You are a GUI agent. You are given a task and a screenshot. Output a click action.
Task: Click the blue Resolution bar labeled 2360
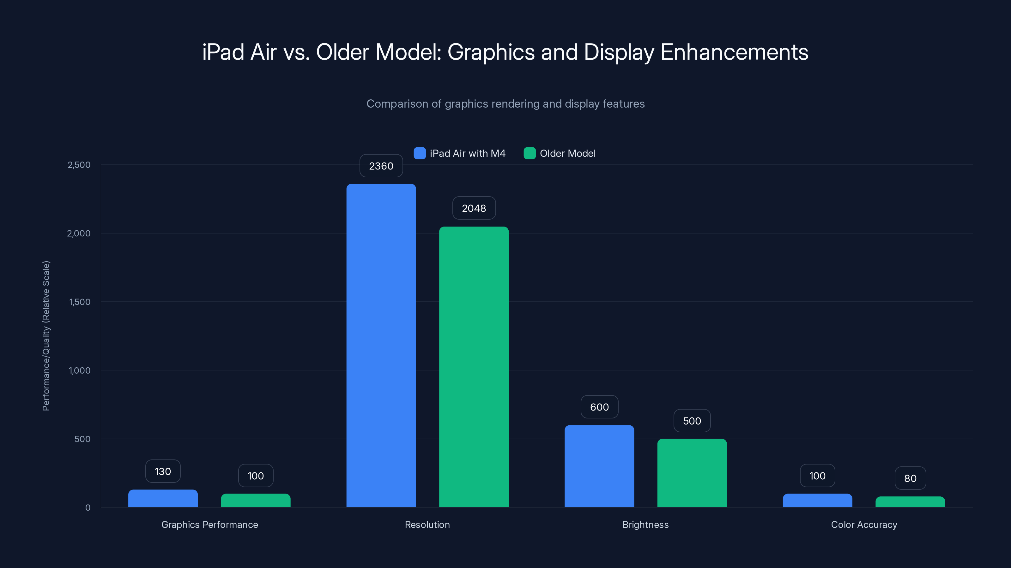pyautogui.click(x=381, y=345)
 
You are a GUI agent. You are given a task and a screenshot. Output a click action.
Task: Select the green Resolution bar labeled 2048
pyautogui.click(x=474, y=366)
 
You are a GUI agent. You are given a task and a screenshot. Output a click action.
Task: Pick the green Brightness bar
pyautogui.click(x=692, y=473)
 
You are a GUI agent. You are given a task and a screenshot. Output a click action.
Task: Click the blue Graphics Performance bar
pyautogui.click(x=163, y=498)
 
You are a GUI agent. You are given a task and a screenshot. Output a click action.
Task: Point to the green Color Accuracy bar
pyautogui.click(x=910, y=502)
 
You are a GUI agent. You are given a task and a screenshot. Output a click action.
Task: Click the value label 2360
pyautogui.click(x=381, y=166)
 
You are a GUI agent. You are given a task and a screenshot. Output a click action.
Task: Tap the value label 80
pyautogui.click(x=910, y=478)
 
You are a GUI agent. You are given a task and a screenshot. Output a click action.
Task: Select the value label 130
pyautogui.click(x=163, y=471)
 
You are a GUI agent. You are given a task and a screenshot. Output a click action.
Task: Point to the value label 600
pyautogui.click(x=599, y=407)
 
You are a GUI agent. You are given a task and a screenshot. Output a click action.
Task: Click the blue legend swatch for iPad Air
pyautogui.click(x=420, y=153)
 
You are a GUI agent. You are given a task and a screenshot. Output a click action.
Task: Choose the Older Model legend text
pyautogui.click(x=567, y=153)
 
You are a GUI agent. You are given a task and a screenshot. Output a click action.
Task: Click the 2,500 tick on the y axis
pyautogui.click(x=79, y=165)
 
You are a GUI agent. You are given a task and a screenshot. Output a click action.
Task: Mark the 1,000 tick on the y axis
pyautogui.click(x=79, y=370)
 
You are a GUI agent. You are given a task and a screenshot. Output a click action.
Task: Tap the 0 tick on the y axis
pyautogui.click(x=88, y=508)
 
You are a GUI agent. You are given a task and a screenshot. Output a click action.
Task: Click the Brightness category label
pyautogui.click(x=645, y=524)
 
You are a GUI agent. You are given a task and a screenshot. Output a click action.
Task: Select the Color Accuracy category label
pyautogui.click(x=864, y=524)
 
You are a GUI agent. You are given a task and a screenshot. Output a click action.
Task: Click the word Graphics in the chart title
pyautogui.click(x=491, y=52)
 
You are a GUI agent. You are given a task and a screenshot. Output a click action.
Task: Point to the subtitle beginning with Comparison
pyautogui.click(x=505, y=104)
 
